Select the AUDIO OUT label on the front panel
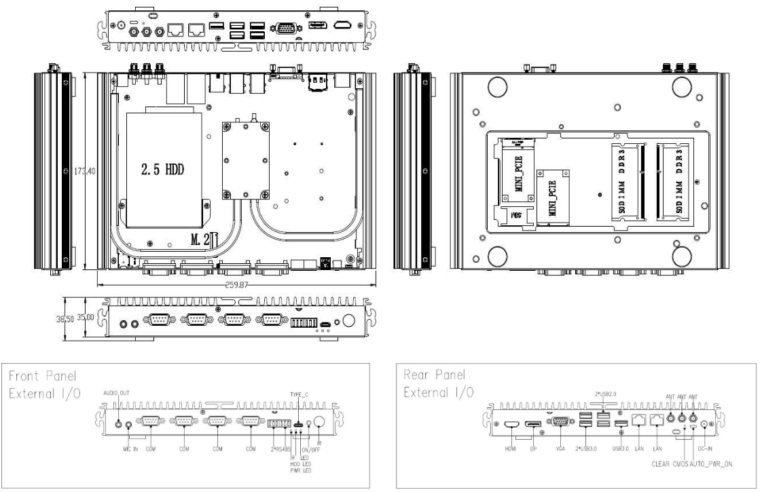[116, 394]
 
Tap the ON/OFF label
[310, 449]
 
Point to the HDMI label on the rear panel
[511, 449]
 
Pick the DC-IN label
[707, 449]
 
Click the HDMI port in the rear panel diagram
[511, 424]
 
